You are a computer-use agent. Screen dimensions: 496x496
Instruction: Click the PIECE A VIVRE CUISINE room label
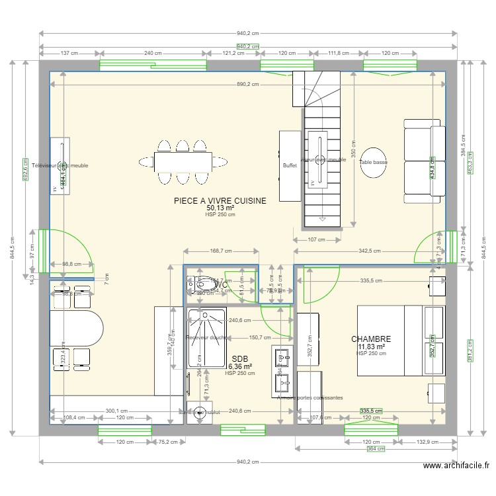[x=220, y=200]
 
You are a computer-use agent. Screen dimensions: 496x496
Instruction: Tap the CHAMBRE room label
[x=371, y=339]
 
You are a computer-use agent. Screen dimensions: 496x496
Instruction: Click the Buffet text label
[x=290, y=166]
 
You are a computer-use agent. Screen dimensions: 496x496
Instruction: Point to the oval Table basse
[x=373, y=161]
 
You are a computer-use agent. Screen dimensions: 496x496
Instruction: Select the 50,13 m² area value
[x=220, y=208]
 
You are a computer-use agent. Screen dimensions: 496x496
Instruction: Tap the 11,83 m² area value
[x=371, y=347]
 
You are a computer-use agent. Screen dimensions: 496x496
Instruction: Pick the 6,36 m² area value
[x=239, y=366]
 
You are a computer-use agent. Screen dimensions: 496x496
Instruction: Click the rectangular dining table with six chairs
[x=183, y=161]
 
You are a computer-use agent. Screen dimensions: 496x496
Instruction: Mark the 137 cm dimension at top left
[x=69, y=53]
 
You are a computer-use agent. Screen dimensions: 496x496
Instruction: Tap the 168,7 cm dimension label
[x=220, y=251]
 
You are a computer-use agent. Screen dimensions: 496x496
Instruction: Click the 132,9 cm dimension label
[x=425, y=442]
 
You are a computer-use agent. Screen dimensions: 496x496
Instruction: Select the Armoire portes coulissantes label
[x=310, y=397]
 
